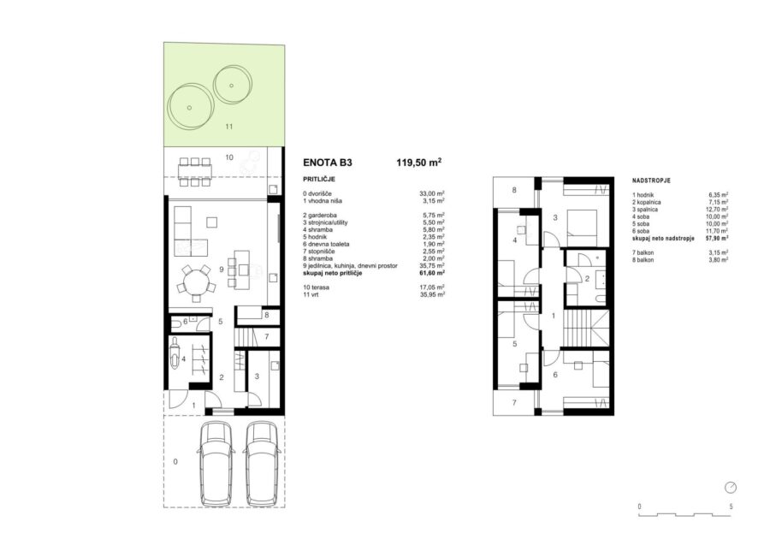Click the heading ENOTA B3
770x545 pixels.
pos(328,163)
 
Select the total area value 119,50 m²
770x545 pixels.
pos(419,162)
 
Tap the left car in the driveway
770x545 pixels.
pos(216,463)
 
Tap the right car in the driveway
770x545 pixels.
pos(264,463)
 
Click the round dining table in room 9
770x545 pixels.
pos(195,282)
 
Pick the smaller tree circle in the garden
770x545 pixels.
pos(232,85)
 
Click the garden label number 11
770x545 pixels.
pos(228,127)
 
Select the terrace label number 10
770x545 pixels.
pos(229,157)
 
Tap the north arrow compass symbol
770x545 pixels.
pos(731,487)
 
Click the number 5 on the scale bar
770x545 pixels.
pos(731,506)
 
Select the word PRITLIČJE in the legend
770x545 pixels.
pos(319,179)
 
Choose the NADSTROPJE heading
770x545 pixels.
pos(651,181)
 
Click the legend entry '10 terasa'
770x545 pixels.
pos(316,287)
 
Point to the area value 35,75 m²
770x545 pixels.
pos(432,265)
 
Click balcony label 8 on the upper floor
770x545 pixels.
pos(514,190)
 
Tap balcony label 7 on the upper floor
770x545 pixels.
pos(514,403)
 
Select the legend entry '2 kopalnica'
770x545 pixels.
pos(646,202)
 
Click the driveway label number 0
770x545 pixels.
pos(175,461)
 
